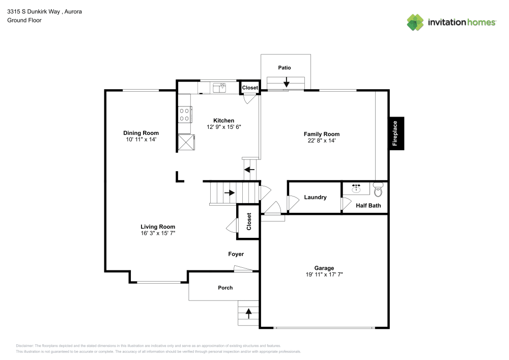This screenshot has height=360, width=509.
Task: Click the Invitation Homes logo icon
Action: [415, 22]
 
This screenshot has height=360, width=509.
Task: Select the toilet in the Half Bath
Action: [377, 191]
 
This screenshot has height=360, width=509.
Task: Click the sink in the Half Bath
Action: [356, 189]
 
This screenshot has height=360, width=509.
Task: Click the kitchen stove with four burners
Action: [185, 115]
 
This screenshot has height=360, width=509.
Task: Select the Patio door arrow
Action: [287, 81]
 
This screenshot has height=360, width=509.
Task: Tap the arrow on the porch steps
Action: [249, 313]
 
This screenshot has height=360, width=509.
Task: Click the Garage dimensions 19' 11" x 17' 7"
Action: [324, 274]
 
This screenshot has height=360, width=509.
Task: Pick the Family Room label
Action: [322, 134]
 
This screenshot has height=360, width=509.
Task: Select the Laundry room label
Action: [315, 198]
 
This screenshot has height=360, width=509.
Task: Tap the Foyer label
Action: [236, 254]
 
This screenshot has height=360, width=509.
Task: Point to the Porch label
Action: [225, 288]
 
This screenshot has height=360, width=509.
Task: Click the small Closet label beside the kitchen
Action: [250, 88]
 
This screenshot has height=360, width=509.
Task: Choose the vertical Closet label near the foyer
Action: [249, 221]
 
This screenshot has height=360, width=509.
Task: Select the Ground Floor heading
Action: [24, 20]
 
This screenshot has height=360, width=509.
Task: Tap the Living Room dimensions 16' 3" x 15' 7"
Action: [158, 233]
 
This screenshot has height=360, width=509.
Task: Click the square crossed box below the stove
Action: [185, 142]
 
